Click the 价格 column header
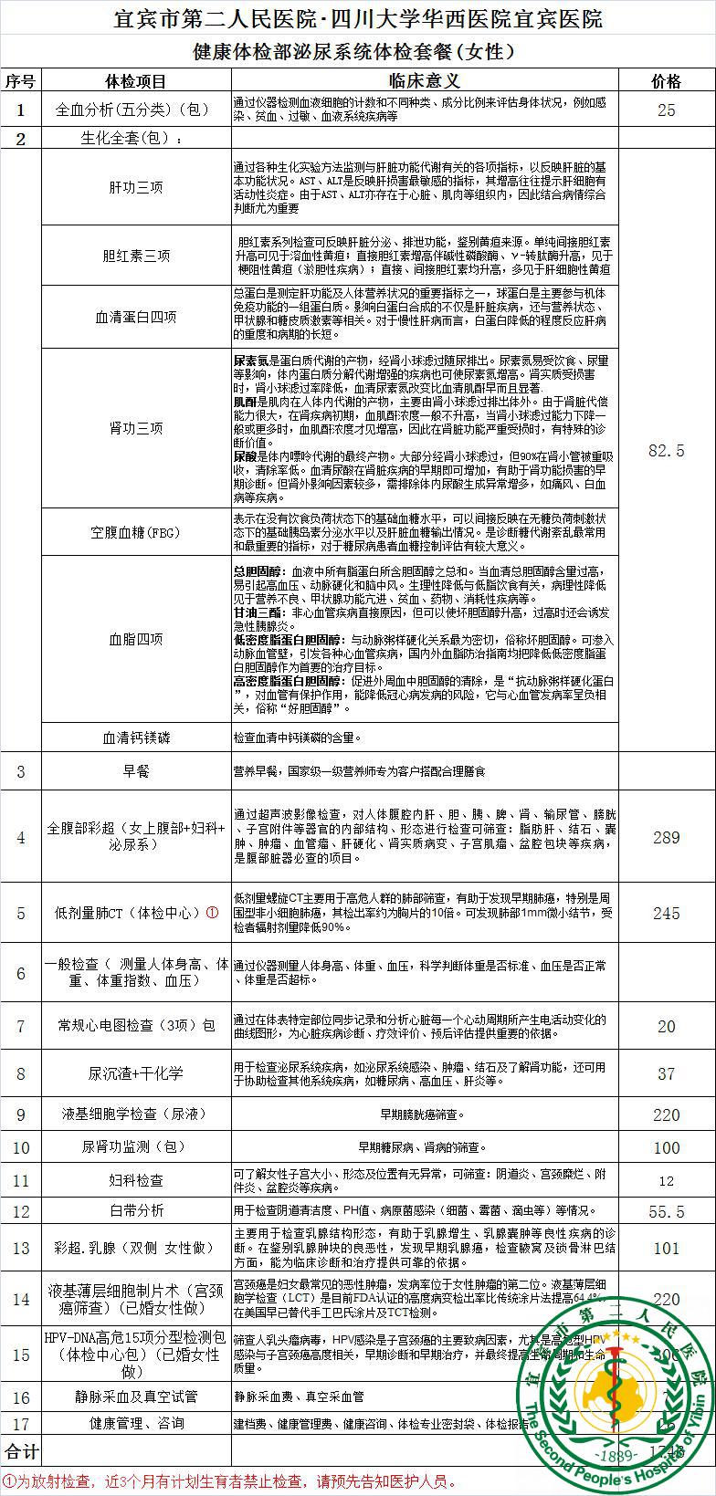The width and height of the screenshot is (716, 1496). [666, 81]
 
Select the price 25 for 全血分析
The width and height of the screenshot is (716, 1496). [666, 110]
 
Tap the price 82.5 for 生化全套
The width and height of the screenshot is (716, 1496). [666, 450]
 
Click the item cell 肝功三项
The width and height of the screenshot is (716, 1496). [136, 187]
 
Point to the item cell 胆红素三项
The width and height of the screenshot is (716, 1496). [136, 256]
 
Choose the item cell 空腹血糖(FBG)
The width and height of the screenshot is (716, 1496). [136, 532]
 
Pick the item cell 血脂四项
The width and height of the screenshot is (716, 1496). [136, 639]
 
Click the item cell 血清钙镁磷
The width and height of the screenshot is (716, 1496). [136, 737]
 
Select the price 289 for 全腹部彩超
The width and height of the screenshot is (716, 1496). [666, 837]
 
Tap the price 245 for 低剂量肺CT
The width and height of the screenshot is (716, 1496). [666, 913]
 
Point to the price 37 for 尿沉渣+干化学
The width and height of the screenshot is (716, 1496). [666, 1073]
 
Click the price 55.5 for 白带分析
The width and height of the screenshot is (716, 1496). [666, 1210]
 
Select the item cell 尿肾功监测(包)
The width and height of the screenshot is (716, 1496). [136, 1146]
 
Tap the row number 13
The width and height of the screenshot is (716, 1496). [21, 1249]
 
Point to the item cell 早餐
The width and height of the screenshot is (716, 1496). [136, 771]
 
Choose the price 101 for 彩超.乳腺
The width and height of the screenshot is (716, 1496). [666, 1249]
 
